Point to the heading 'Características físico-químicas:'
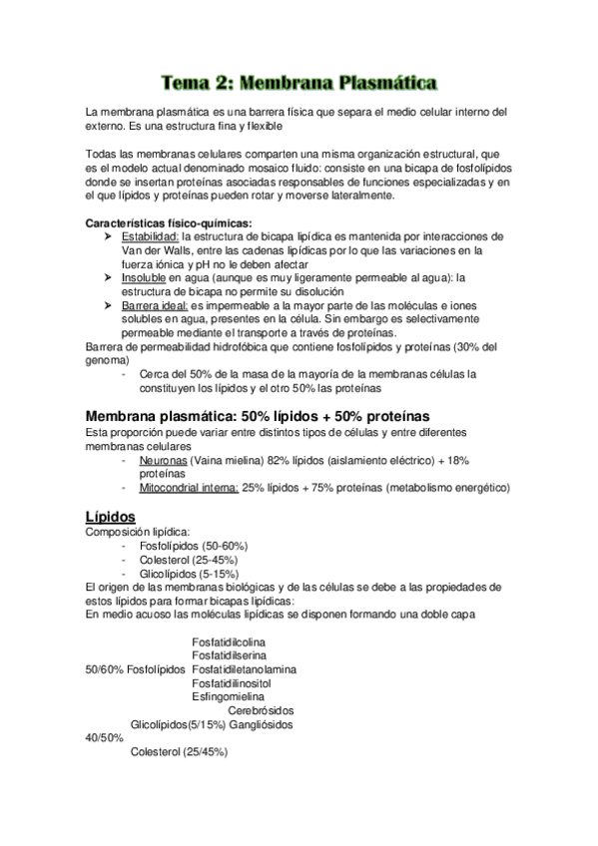[x=169, y=221]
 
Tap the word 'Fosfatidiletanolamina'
[x=244, y=669]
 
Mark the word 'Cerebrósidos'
[x=261, y=711]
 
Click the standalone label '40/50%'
[x=105, y=738]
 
